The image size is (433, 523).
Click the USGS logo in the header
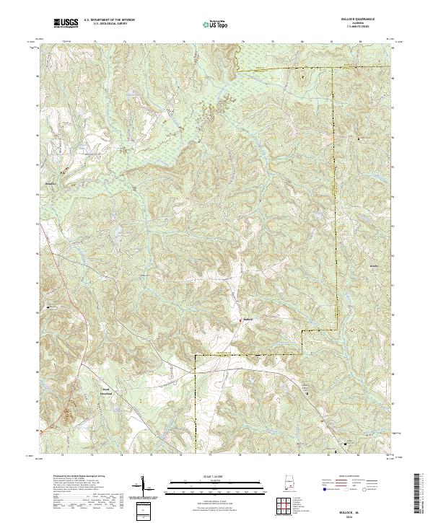[x=66, y=23]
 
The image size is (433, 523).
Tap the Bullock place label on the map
[x=248, y=319]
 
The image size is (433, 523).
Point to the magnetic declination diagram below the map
[x=144, y=488]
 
